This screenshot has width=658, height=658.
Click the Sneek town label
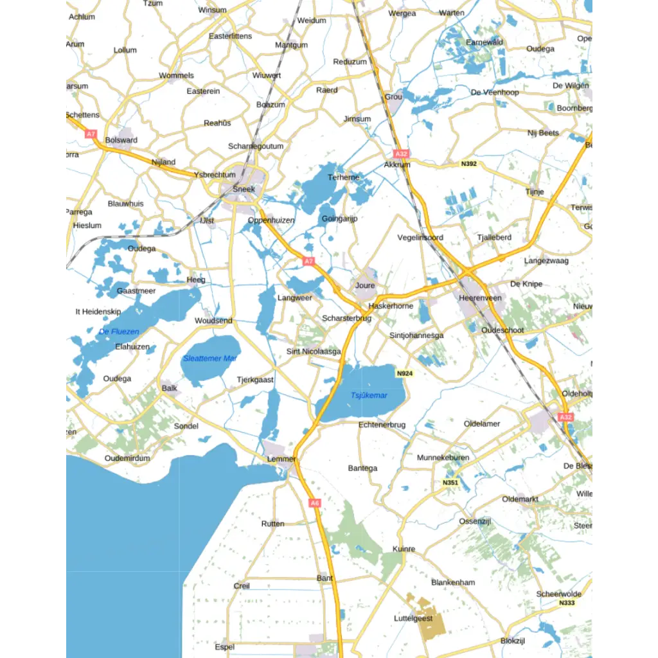tap(244, 189)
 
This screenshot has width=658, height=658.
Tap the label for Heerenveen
tap(480, 298)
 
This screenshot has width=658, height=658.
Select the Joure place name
tap(364, 285)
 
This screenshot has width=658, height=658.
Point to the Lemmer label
tap(281, 459)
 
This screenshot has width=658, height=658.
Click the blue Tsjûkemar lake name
tap(369, 395)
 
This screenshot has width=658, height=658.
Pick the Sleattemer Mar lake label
tap(209, 359)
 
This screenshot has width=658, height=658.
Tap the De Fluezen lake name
tap(119, 332)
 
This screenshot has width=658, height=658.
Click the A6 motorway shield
tap(314, 503)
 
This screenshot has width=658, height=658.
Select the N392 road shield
tap(469, 164)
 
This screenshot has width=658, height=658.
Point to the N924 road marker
tap(404, 373)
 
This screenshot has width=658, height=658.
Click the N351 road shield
tap(450, 483)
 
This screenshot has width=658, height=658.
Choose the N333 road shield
tap(567, 603)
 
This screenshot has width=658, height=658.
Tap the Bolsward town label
tap(121, 140)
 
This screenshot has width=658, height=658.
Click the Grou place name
tap(393, 97)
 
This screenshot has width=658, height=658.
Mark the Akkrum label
tap(396, 164)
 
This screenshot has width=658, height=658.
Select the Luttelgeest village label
tap(413, 618)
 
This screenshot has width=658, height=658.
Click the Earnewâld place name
tap(485, 42)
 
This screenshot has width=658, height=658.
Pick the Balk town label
tap(170, 388)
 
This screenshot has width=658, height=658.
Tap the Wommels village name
tap(176, 75)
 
